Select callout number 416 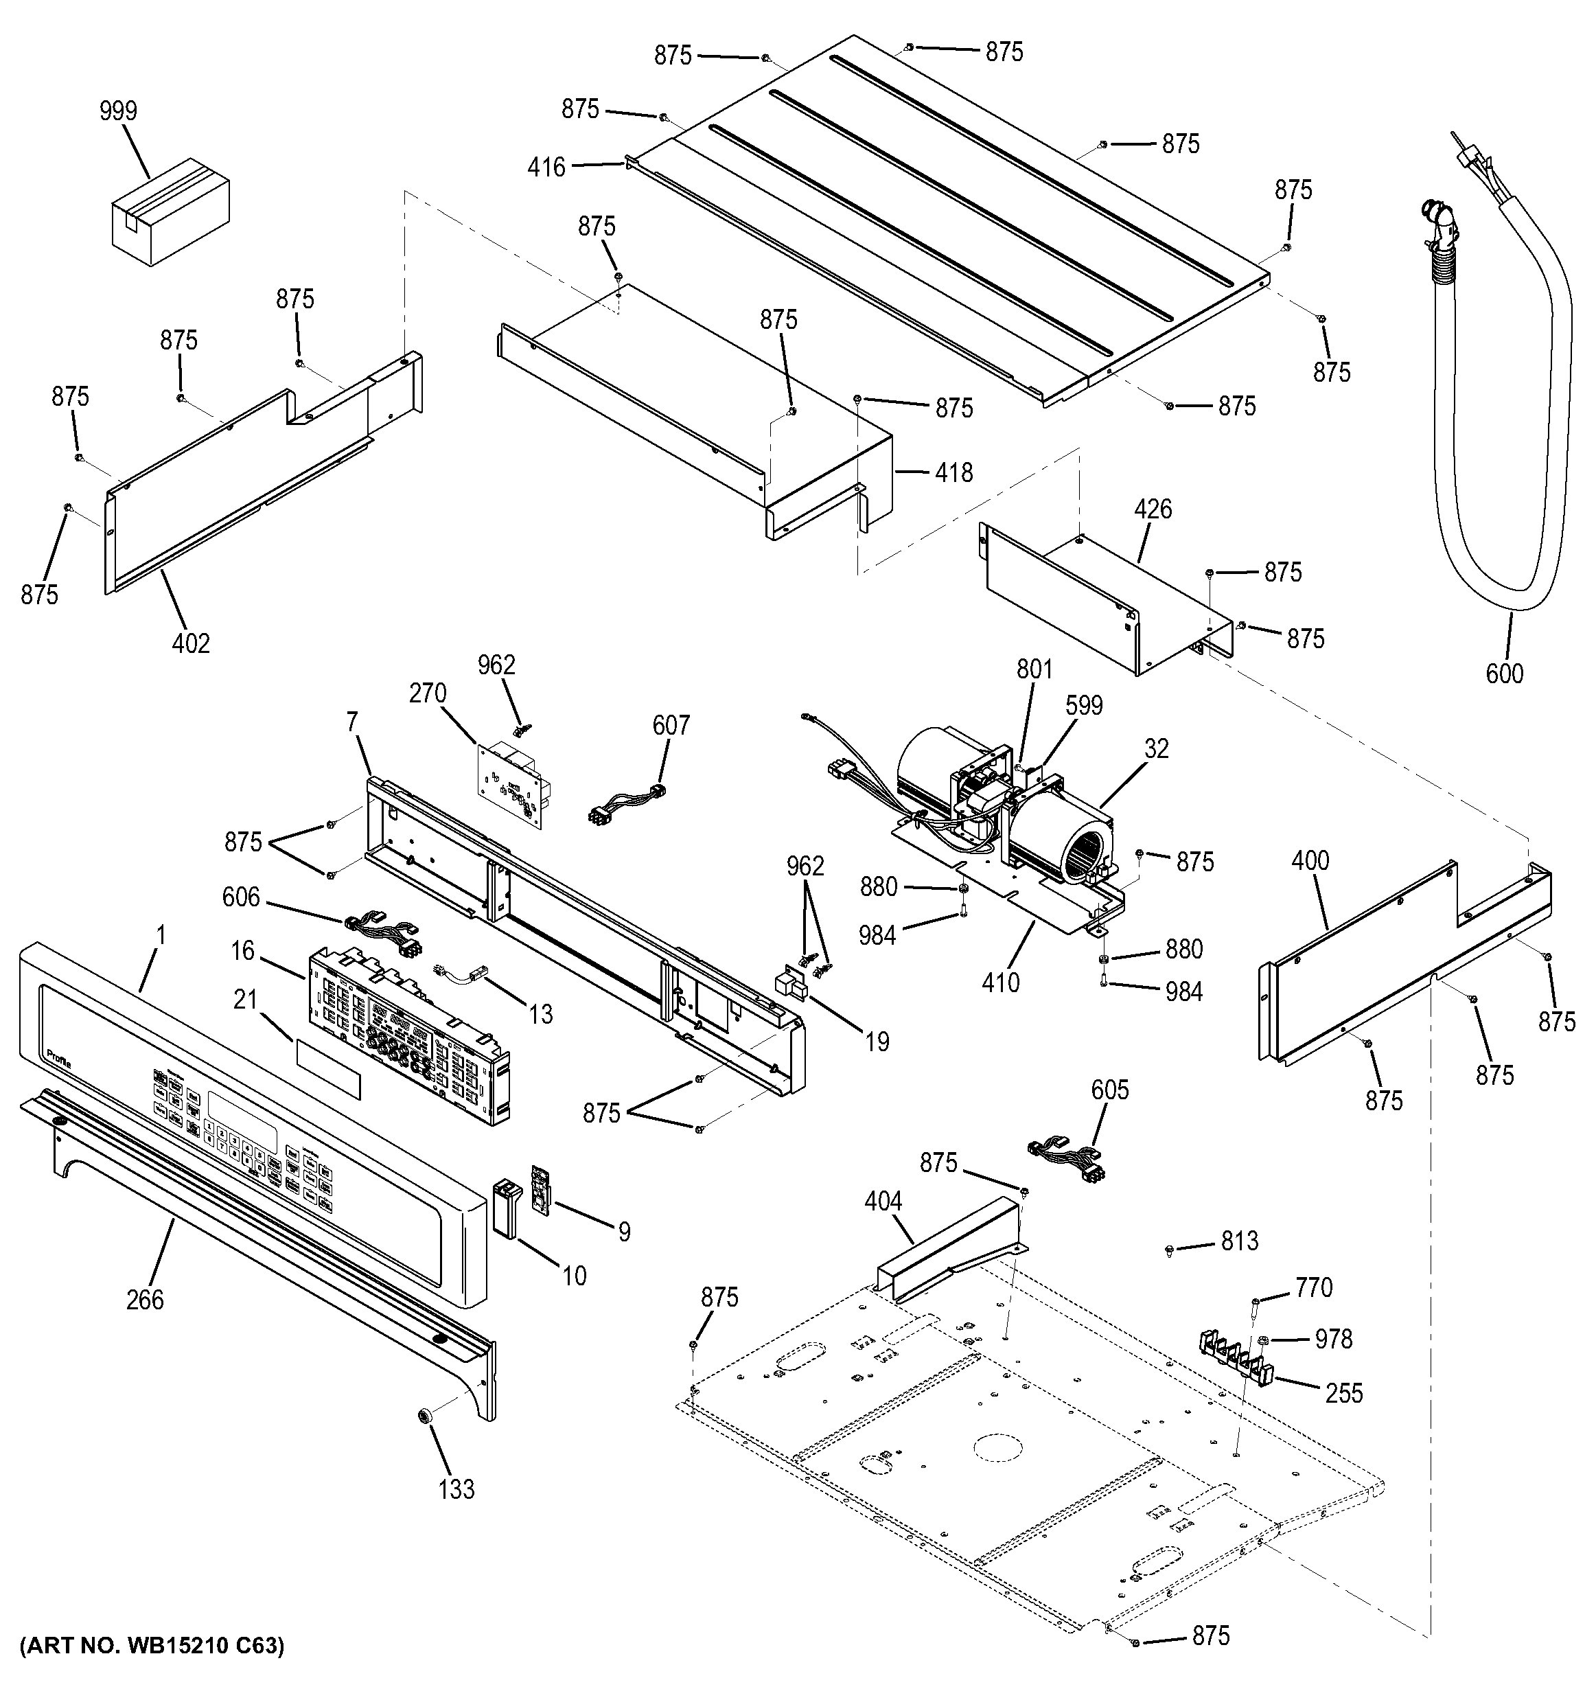[546, 167]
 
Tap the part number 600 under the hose [1504, 674]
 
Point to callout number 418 [954, 472]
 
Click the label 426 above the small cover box [1153, 509]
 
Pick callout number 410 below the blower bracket [1000, 983]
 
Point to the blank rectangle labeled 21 [328, 1070]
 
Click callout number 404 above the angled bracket [883, 1202]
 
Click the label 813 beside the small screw [1240, 1241]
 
